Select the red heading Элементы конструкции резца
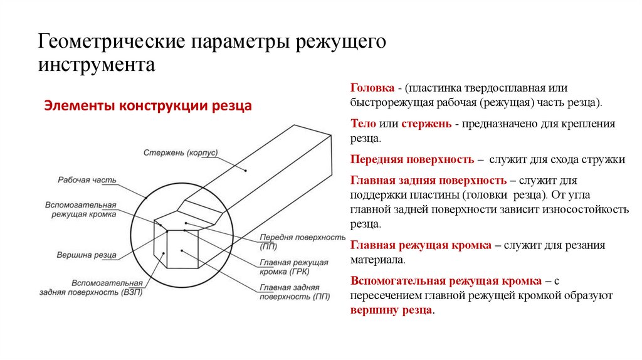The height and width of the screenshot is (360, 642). coord(147,106)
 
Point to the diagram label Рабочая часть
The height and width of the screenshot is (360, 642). coord(87,180)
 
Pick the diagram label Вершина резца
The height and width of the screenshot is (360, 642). coord(85,255)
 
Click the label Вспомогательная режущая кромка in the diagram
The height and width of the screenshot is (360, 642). coord(81,209)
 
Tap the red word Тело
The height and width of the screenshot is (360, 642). coord(362,124)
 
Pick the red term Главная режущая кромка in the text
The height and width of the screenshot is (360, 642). coord(421,245)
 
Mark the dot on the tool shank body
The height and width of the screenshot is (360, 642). coord(246,171)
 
